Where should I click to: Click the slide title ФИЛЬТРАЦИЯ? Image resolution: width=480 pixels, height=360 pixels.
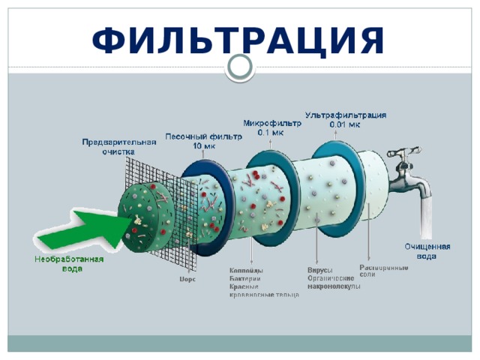pos(239,39)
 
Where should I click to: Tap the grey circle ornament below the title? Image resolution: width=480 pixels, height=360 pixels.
pos(240,67)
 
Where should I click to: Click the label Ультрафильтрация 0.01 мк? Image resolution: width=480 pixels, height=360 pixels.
pos(346,120)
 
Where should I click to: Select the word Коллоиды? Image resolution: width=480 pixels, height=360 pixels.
pos(245,271)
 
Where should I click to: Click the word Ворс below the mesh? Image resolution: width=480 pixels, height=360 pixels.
pos(187,279)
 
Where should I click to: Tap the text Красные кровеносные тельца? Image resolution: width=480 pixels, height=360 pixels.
pos(263,290)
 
